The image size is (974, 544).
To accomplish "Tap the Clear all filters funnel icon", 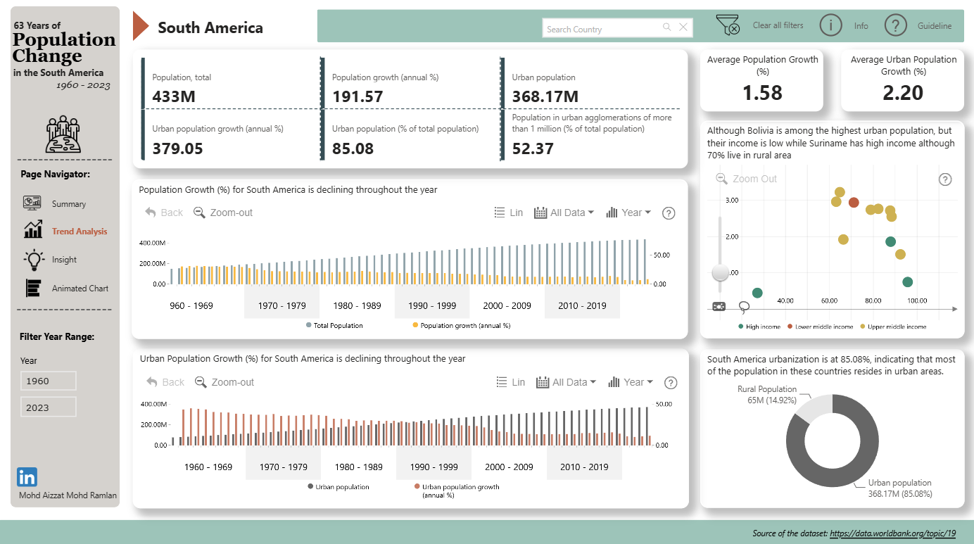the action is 728,25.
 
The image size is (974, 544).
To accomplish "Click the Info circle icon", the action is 830,25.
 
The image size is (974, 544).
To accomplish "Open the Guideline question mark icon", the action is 895,25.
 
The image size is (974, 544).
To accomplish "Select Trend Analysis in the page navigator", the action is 80,232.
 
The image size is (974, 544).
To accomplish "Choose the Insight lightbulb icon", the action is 34,260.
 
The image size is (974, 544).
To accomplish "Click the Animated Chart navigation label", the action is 80,289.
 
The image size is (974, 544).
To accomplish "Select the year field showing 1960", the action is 49,381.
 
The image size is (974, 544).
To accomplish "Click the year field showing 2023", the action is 49,407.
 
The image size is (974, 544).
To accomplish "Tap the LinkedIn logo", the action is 27,477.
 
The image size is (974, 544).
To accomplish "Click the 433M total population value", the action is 174,96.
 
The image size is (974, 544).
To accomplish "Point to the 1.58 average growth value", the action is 762,93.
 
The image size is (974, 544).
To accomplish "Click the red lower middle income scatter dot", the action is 854,202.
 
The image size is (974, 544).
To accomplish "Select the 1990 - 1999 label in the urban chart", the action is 434,467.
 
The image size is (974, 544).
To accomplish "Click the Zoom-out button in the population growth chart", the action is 222,213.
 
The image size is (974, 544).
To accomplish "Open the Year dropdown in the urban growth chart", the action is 631,382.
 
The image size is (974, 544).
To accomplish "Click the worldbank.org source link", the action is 892,533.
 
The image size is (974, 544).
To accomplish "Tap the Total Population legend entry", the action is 334,325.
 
